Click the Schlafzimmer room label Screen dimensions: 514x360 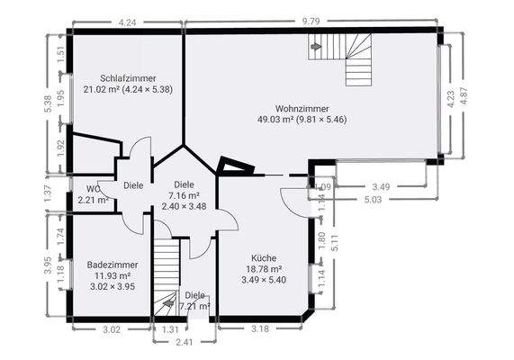point(128,78)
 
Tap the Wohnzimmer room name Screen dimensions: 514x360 point(302,109)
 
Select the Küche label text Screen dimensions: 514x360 point(264,258)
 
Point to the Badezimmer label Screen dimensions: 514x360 point(113,265)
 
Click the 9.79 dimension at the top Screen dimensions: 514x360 point(311,22)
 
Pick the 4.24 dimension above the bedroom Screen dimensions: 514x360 point(127,22)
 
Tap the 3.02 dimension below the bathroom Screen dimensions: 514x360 point(113,329)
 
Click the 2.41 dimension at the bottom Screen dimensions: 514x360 point(185,342)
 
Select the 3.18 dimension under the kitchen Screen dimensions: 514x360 point(260,328)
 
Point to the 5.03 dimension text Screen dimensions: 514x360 point(373,199)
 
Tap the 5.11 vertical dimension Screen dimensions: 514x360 point(335,243)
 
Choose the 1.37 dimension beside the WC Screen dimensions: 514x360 point(48,193)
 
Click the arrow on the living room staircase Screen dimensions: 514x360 point(316,47)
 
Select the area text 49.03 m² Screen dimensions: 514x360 point(275,119)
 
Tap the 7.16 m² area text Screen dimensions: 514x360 point(185,195)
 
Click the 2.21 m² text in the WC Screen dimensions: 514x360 point(94,200)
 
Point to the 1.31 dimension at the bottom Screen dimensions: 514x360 point(170,329)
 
